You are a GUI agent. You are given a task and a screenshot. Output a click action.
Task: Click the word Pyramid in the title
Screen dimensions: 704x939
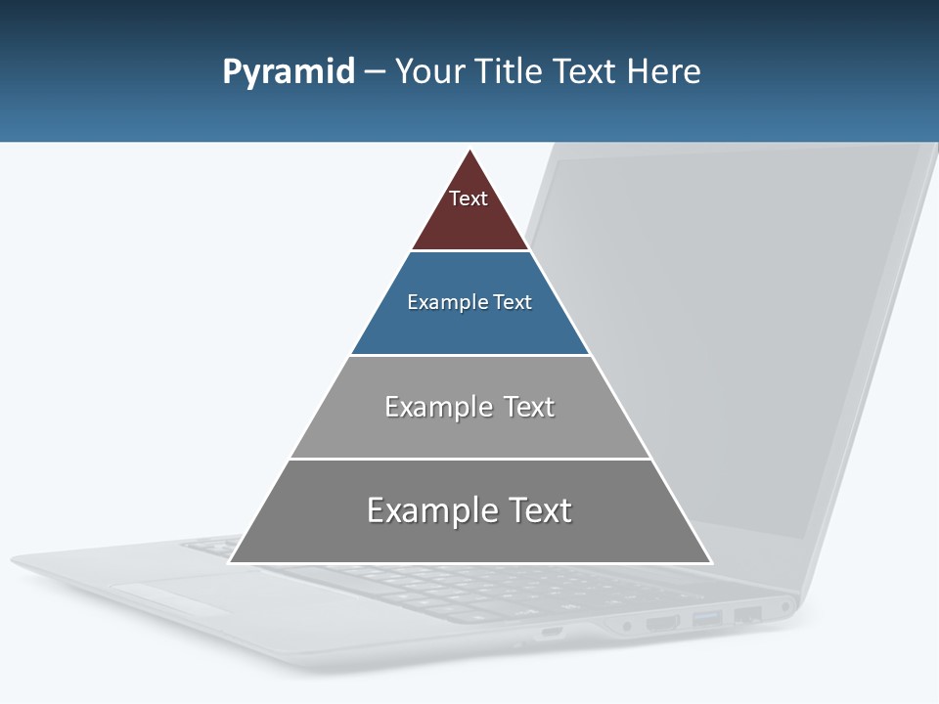pyautogui.click(x=289, y=72)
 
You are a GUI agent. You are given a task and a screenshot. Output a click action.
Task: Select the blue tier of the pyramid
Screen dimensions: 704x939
pyautogui.click(x=470, y=328)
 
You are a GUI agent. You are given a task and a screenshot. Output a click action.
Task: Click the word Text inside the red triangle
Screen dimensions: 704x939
pyautogui.click(x=469, y=198)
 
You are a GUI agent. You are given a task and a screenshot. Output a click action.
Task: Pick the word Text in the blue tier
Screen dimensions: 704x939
pyautogui.click(x=513, y=302)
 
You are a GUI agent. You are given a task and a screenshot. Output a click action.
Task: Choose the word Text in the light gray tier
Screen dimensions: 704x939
pyautogui.click(x=529, y=407)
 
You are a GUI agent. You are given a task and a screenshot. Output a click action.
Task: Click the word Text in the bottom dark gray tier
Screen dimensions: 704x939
pyautogui.click(x=539, y=510)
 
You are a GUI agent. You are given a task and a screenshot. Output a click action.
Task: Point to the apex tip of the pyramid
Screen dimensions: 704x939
pyautogui.click(x=470, y=152)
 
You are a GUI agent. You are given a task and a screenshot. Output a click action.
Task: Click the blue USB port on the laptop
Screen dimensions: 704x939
pyautogui.click(x=707, y=618)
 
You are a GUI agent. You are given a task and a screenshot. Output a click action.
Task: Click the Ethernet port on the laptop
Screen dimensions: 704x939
pyautogui.click(x=748, y=615)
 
